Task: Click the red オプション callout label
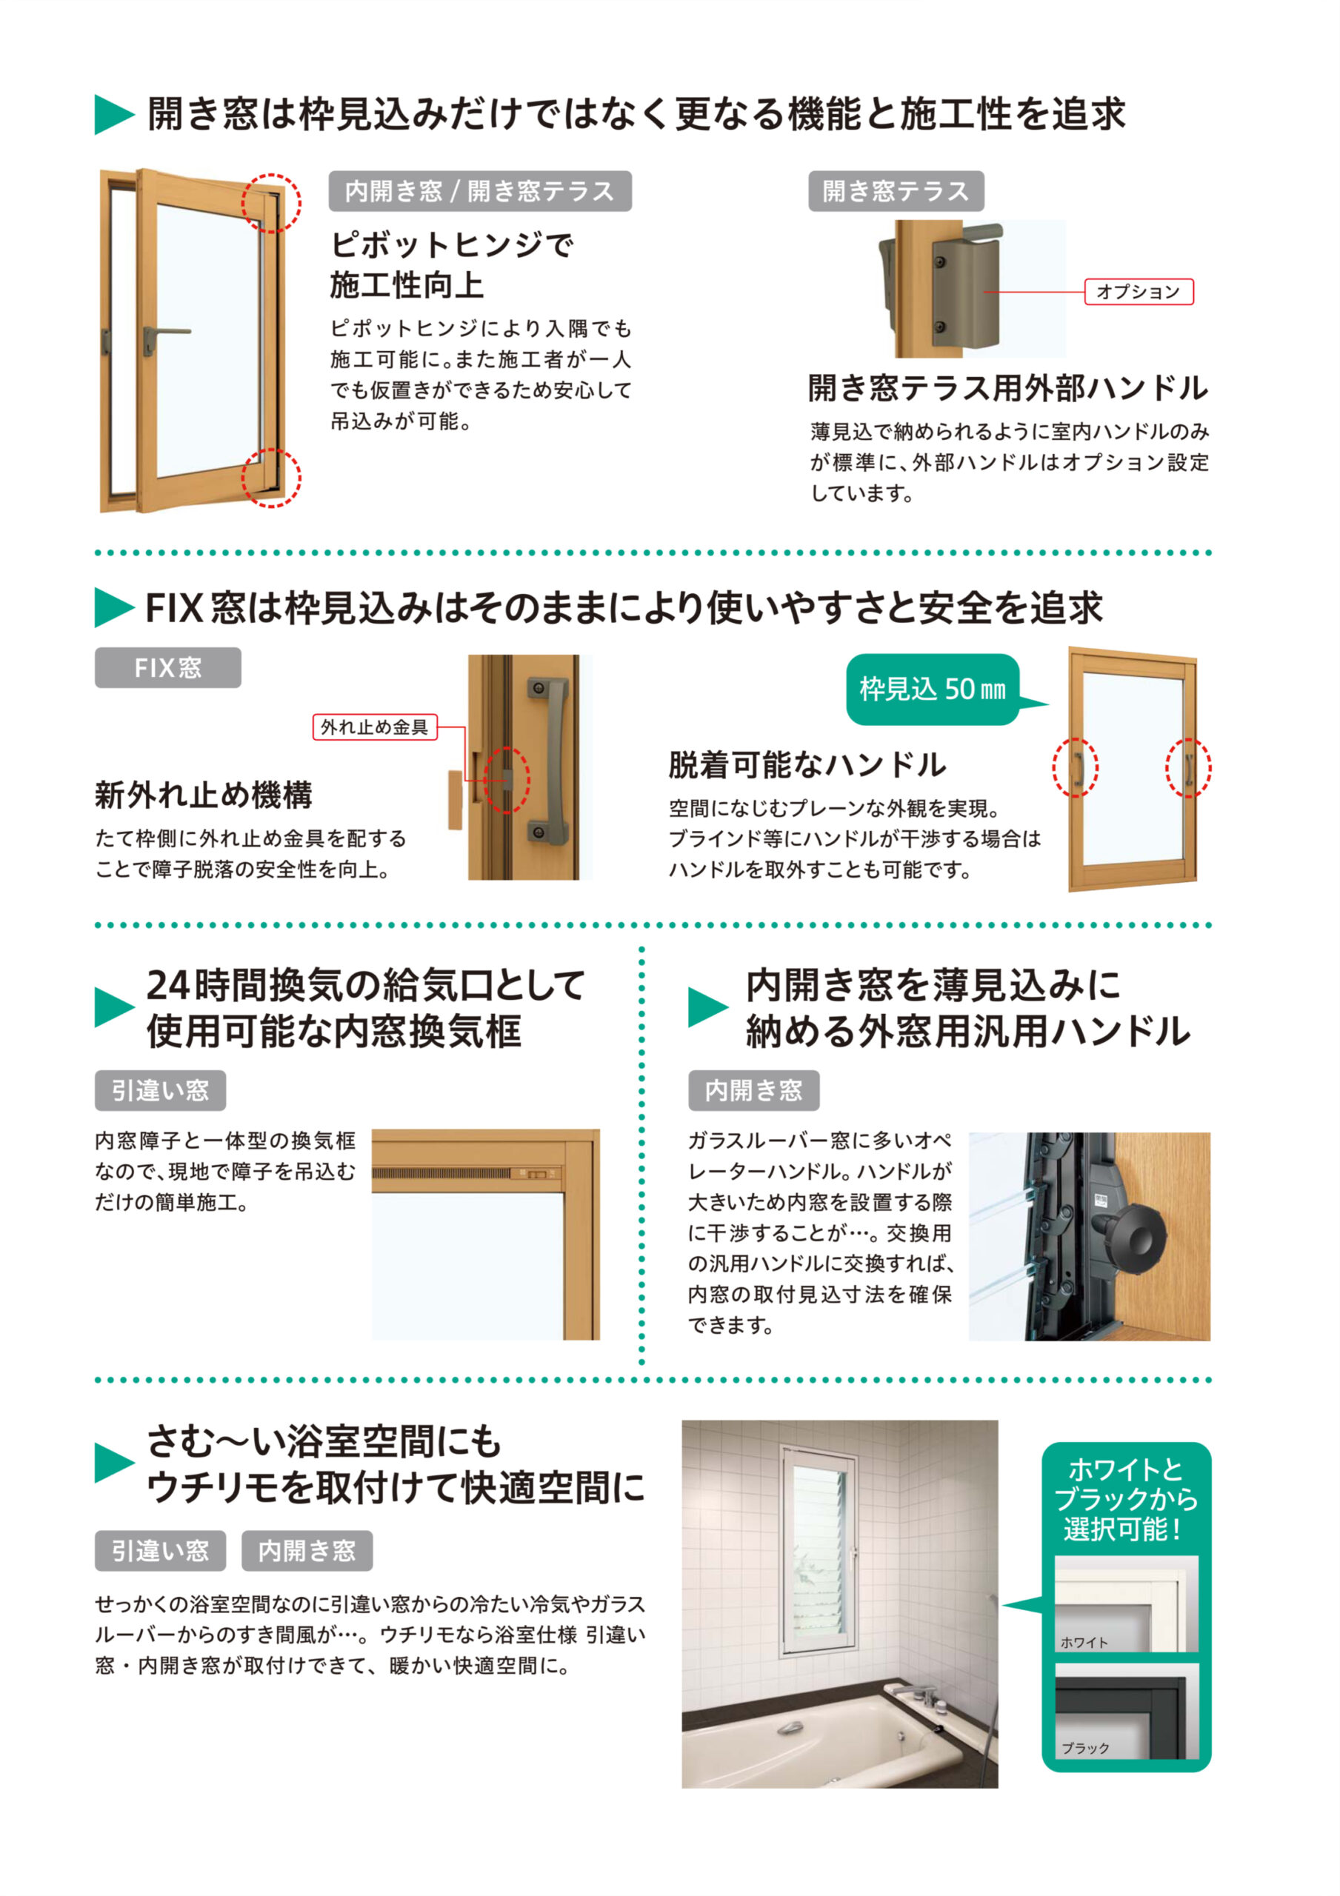(1138, 292)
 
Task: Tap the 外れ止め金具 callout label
(374, 727)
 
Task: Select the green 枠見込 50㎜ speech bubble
(932, 689)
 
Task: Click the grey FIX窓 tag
(167, 667)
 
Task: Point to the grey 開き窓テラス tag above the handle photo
(896, 191)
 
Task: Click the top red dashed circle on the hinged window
(271, 203)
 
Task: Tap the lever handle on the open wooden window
(165, 333)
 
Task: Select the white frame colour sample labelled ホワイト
(1125, 1603)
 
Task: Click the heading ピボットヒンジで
(451, 244)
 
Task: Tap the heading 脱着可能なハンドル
(807, 764)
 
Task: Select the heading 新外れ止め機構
(203, 795)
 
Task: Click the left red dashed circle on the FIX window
(1075, 767)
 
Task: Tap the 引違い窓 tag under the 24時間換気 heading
(160, 1090)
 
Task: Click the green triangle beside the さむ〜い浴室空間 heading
(114, 1463)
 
